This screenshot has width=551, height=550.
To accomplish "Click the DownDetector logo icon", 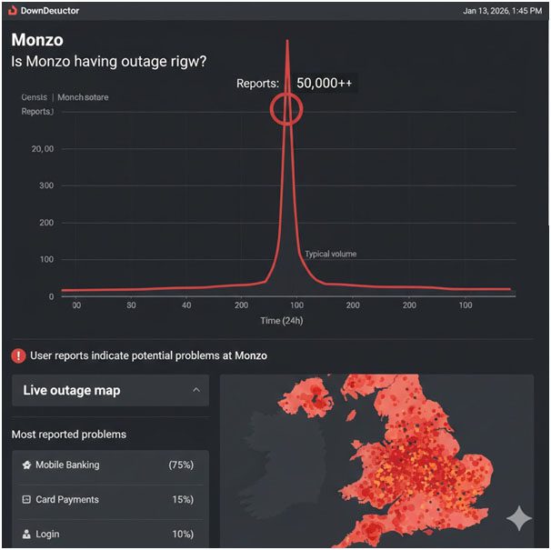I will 12,10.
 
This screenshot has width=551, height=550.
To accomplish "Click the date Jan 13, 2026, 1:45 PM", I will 502,11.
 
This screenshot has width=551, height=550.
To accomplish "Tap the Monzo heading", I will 37,41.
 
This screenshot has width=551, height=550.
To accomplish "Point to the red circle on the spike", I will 286,109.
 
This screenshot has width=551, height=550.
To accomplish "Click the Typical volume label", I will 330,254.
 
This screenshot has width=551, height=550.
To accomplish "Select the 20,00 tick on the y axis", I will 43,148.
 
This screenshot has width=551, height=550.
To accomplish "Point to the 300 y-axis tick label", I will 45,185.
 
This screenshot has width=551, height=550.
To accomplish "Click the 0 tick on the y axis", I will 50,296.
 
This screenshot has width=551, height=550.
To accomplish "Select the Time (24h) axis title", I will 283,321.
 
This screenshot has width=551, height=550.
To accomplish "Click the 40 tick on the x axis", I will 186,305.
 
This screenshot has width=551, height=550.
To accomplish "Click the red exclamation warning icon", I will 18,355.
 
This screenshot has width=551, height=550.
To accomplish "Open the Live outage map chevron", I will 196,390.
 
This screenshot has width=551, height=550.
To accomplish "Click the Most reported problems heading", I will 69,435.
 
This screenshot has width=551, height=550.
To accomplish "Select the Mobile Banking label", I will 67,465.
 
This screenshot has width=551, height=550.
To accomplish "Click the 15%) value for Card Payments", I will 181,499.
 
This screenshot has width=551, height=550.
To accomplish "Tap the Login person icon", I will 26,534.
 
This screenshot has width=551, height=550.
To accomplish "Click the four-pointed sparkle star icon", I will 519,518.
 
